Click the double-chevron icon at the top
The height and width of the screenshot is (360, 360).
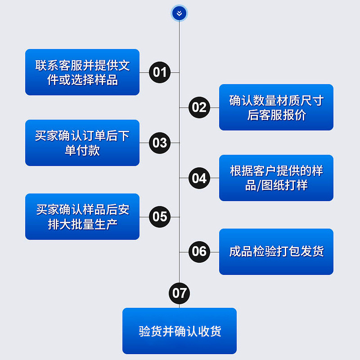180,13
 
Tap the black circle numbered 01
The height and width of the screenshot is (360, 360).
160,72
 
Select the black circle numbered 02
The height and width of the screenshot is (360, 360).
199,108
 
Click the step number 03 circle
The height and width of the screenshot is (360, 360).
160,143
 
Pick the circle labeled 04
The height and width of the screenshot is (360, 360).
199,178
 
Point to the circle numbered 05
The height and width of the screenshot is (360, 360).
160,217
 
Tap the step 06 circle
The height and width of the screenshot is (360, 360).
199,251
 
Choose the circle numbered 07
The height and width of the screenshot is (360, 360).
180,293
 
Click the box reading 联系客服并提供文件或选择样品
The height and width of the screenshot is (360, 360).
82,72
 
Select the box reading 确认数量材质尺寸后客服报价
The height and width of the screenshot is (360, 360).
276,108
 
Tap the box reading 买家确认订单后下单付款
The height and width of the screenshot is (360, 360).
82,143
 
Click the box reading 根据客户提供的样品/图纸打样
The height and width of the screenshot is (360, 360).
276,178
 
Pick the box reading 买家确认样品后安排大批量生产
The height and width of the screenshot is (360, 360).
82,217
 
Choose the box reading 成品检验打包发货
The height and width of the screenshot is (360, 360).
276,252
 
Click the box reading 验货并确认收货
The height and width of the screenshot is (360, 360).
180,331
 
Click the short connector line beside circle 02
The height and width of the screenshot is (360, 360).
184,108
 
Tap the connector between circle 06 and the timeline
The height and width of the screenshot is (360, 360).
184,251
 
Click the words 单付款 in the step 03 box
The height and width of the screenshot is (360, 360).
82,150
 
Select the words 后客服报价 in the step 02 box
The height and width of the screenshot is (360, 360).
276,115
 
